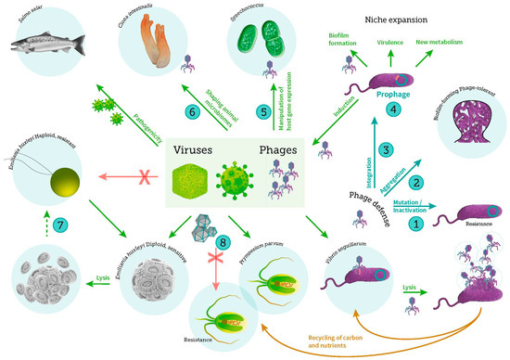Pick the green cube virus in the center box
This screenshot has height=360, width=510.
pos(193,180)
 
